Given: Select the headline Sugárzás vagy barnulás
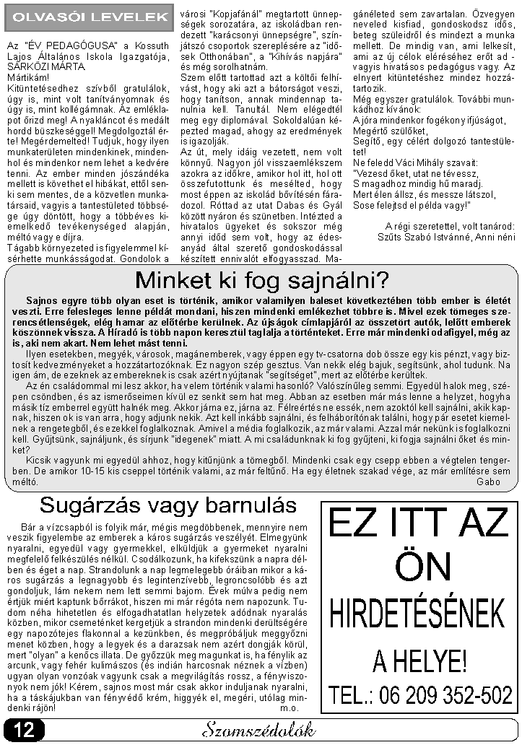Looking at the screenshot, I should (x=168, y=504).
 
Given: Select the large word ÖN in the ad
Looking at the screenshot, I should (x=417, y=565).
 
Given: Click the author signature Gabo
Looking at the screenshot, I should (x=488, y=481).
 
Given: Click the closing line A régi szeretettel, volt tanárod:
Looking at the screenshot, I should (x=451, y=226).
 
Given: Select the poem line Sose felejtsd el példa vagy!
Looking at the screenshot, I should (x=412, y=204).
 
